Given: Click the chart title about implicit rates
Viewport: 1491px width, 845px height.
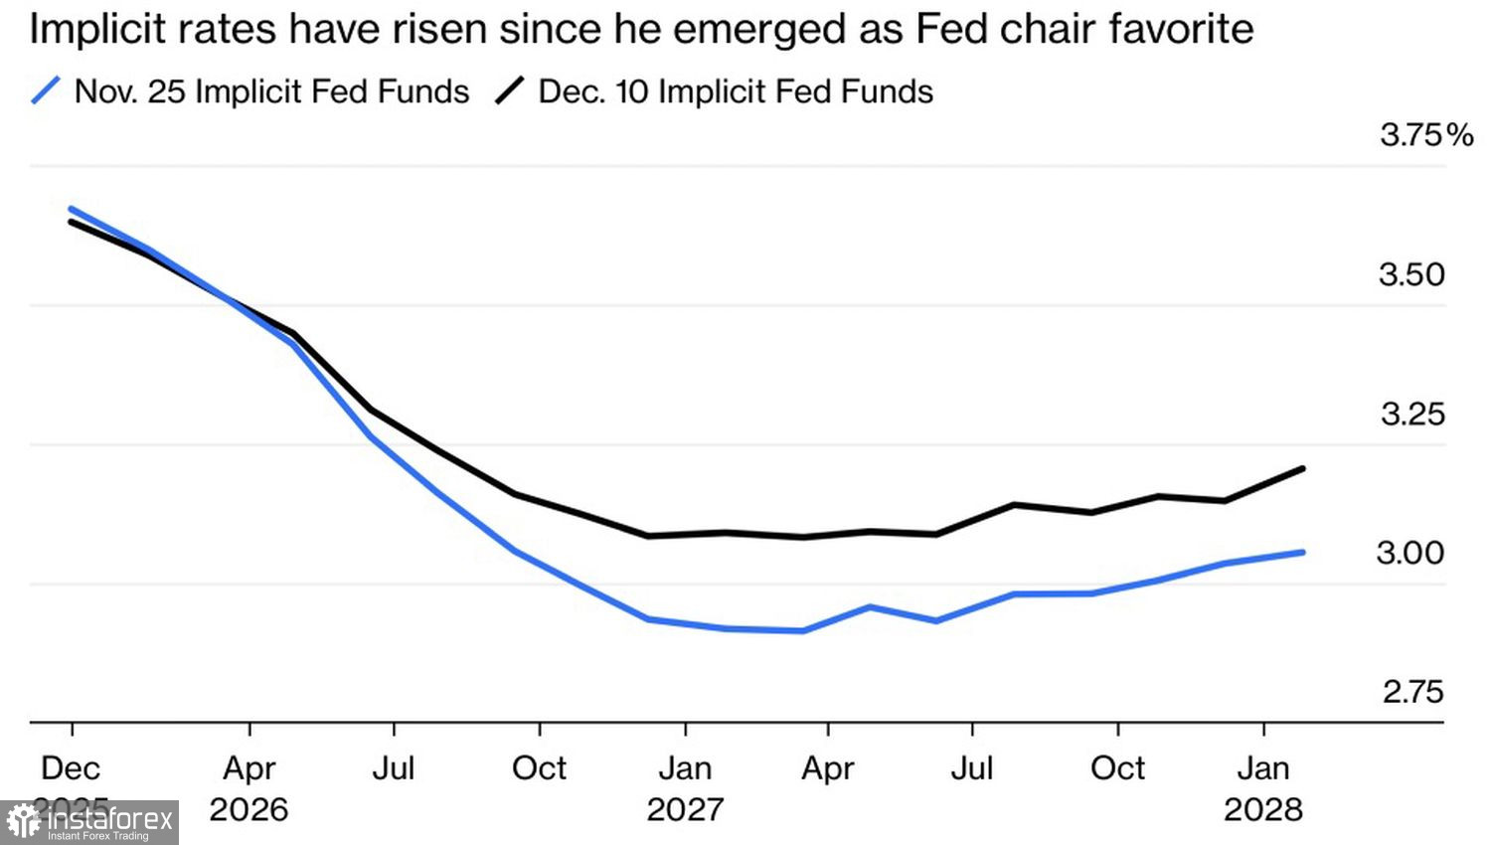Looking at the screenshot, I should pos(641,30).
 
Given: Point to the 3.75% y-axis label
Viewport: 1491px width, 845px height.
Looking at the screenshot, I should pos(1425,134).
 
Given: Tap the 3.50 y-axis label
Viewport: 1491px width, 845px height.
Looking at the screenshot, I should pos(1411,274).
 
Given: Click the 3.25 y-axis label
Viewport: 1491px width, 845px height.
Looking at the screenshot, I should pos(1411,414).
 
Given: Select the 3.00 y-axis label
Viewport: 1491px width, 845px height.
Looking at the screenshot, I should pos(1409,553).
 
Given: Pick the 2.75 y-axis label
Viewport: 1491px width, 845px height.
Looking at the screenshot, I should pos(1411,692).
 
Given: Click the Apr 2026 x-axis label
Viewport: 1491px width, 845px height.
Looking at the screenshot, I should pos(248,787).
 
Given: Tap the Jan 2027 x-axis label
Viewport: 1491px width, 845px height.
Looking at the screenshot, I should pos(685,787).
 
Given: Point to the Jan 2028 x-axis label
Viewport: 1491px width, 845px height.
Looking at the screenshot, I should pos(1262,787).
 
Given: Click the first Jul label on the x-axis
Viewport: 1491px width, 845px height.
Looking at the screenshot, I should pos(394,768).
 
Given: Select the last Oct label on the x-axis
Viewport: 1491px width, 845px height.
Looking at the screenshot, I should pos(1117,768).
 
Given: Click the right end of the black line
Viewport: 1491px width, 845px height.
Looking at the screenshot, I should pos(1302,468).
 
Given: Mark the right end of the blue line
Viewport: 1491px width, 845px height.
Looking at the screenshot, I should pos(1302,552).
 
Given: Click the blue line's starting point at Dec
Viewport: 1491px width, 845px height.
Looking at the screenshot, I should pos(71,209).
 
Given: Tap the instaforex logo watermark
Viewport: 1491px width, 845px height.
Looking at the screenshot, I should pos(89,822).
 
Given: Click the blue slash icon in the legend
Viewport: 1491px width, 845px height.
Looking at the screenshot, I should pos(46,91).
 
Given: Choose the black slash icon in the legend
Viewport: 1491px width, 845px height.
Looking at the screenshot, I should pos(510,91).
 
